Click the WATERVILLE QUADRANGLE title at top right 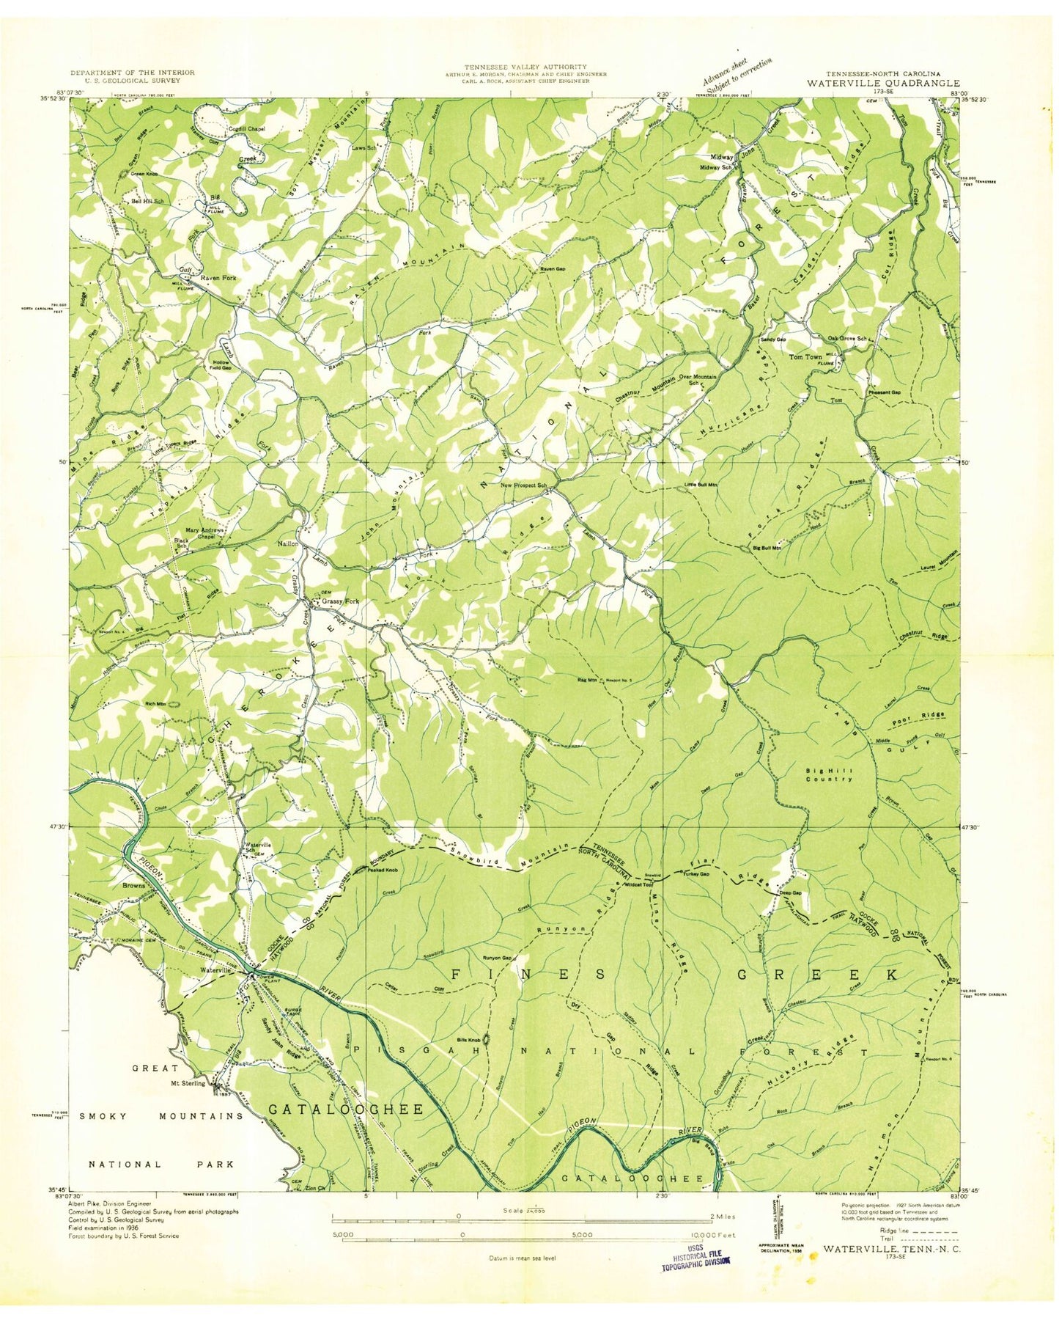[883, 83]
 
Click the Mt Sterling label [188, 1082]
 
